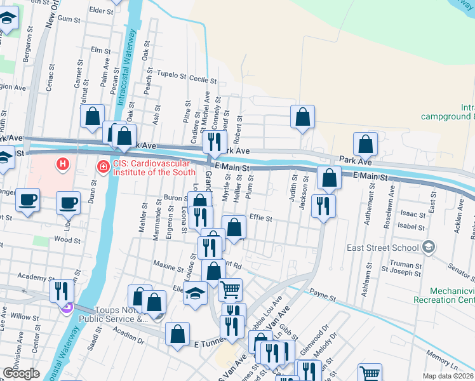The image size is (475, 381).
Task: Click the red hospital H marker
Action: coord(62,165)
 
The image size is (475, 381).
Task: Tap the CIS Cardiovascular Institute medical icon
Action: coord(102,167)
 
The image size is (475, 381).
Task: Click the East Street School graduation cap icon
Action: coord(429,246)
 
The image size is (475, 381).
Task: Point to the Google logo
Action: coord(21,373)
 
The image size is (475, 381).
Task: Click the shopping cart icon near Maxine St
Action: coord(230,289)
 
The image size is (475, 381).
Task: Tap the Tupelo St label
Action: coord(171,76)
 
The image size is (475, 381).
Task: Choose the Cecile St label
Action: coord(203,80)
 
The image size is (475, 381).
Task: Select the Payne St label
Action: coord(323,294)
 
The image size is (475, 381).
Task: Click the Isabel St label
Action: coord(411,226)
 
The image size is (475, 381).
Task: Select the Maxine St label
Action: coord(168,263)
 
